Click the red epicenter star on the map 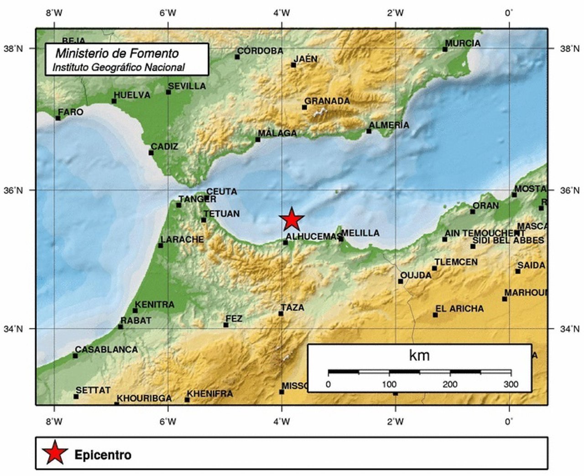click(x=292, y=219)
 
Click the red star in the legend click(x=55, y=453)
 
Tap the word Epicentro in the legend click(x=103, y=455)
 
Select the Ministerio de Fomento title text click(x=117, y=53)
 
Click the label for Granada click(x=327, y=101)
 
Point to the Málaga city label click(x=277, y=133)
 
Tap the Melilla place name click(x=360, y=233)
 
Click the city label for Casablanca click(x=106, y=349)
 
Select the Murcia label click(x=463, y=43)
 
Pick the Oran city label click(x=485, y=206)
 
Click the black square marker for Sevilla click(x=168, y=92)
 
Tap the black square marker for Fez click(x=226, y=325)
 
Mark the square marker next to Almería click(x=369, y=132)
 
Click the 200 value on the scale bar click(x=450, y=384)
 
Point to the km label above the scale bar click(x=419, y=355)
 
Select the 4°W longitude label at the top click(x=282, y=13)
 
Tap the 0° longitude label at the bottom click(x=509, y=421)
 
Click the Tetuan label click(x=221, y=214)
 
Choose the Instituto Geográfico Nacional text click(x=118, y=68)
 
